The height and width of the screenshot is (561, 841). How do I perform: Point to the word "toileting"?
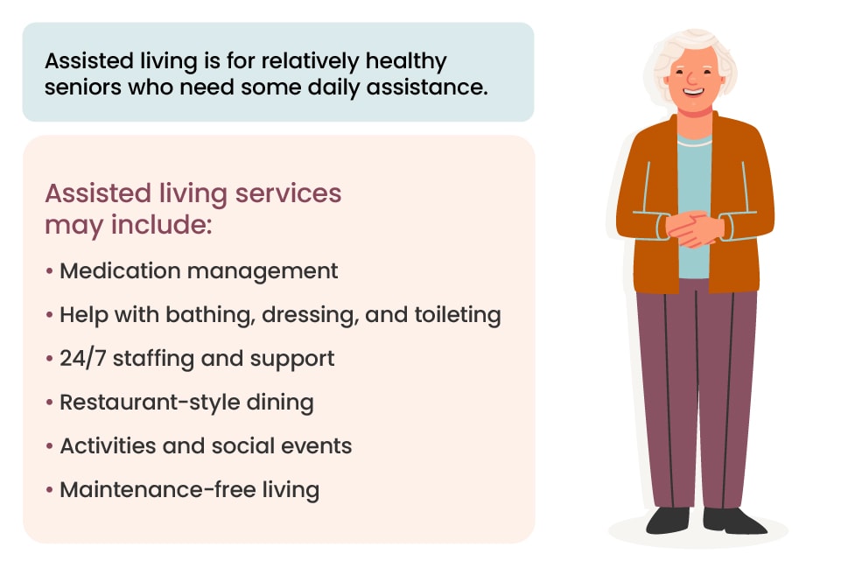pyautogui.click(x=456, y=315)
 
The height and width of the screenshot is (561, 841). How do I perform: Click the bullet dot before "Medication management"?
pyautogui.click(x=50, y=271)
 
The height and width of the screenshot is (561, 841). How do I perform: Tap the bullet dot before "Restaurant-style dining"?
pyautogui.click(x=50, y=403)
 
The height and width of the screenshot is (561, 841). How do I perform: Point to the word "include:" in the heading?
pyautogui.click(x=166, y=224)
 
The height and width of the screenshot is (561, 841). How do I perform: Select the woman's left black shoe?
pyautogui.click(x=668, y=520)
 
